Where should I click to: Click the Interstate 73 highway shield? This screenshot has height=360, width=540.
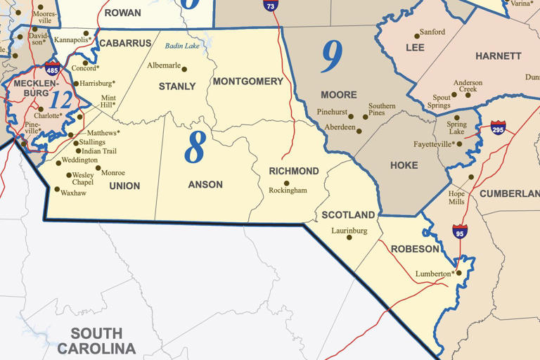tap(270, 4)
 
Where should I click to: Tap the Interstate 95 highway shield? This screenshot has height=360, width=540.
tap(460, 231)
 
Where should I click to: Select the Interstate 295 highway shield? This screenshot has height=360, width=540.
tap(498, 127)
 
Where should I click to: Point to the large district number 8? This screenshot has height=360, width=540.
tap(195, 147)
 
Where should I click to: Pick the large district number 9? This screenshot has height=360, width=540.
tap(331, 57)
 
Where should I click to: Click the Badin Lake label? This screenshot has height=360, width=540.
tap(182, 46)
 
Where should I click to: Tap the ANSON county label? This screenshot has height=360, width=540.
tap(205, 185)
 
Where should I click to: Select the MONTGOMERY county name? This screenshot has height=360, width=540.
tap(247, 82)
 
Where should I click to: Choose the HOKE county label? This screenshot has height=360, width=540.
tap(404, 166)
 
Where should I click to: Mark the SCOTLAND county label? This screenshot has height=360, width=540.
tap(348, 215)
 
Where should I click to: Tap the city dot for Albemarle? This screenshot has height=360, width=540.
tap(184, 69)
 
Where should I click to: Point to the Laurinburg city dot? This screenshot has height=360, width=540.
tap(349, 238)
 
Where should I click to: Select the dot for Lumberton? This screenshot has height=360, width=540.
tap(458, 273)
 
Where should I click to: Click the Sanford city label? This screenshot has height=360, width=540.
tap(432, 32)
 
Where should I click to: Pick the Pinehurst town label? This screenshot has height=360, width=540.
tap(333, 112)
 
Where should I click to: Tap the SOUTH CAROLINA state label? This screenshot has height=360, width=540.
tap(96, 341)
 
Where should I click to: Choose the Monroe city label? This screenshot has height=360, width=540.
tap(113, 173)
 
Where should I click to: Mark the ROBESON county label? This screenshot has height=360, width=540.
tap(415, 249)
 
